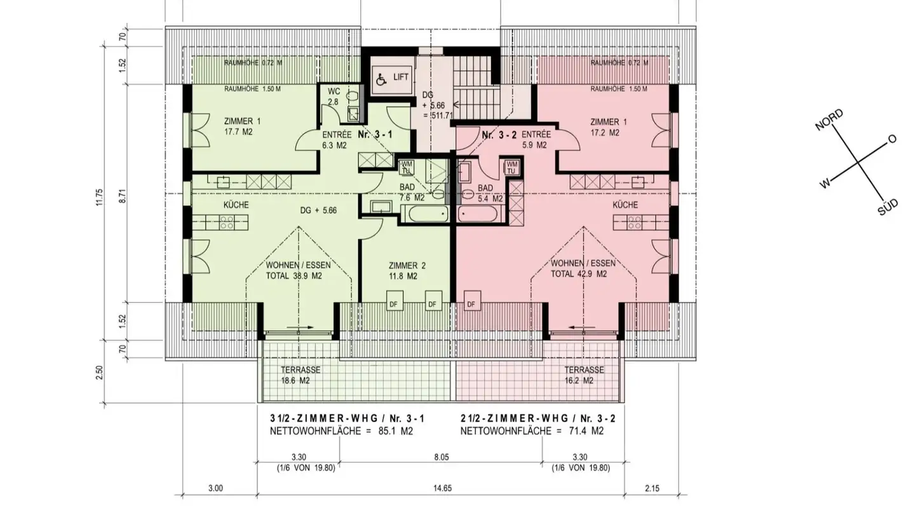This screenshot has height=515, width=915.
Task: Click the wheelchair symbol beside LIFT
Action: (x=381, y=79)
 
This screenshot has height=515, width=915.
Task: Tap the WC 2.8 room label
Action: (x=334, y=97)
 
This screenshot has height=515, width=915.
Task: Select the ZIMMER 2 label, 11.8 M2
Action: (x=407, y=271)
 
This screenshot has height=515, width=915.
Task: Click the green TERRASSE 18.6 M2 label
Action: (x=300, y=375)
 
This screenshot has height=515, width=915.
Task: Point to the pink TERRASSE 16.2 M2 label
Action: (x=584, y=375)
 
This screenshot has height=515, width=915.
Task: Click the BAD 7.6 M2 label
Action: (x=412, y=192)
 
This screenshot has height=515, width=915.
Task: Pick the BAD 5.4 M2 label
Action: (x=490, y=193)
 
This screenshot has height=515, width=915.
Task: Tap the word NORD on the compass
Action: (x=829, y=120)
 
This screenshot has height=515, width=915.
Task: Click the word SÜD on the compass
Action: (x=888, y=208)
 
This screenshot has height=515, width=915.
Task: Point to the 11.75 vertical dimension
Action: (x=100, y=197)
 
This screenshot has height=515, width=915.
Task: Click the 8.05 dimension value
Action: (x=441, y=457)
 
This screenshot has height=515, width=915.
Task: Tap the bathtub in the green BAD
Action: (x=424, y=214)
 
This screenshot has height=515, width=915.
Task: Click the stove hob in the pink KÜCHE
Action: (x=634, y=223)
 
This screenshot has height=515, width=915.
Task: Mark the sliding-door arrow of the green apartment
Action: (x=300, y=327)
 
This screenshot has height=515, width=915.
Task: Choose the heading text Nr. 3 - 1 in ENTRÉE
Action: (x=375, y=134)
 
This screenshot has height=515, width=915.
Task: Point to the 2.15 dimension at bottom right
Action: (x=652, y=488)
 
